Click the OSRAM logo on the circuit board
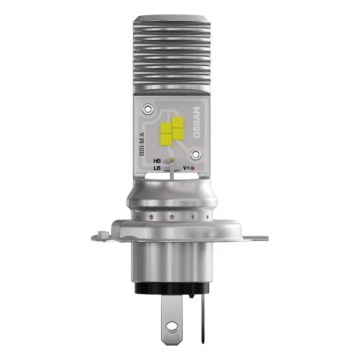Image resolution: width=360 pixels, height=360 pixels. point(197,122)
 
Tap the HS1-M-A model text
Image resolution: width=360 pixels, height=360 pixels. point(142,144)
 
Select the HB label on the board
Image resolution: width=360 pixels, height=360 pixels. point(157,161)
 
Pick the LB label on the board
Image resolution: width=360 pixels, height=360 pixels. point(157,168)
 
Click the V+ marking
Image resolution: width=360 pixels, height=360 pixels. point(186,168)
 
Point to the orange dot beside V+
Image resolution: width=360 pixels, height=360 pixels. point(192,168)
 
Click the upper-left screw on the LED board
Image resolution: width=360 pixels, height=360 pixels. point(148,109)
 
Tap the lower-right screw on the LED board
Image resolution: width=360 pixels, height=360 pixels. point(196,154)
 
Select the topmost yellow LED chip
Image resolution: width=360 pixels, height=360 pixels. point(178,122)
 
